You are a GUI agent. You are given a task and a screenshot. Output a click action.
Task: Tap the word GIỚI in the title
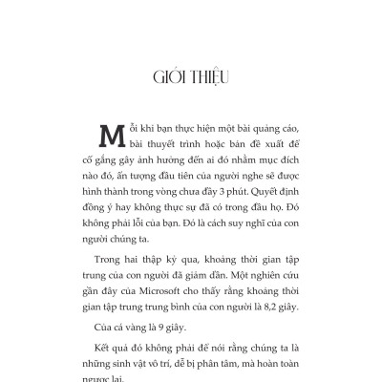tap(167, 77)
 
